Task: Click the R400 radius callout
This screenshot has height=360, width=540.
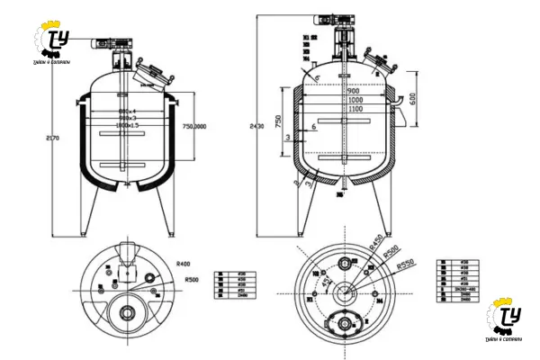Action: point(184,264)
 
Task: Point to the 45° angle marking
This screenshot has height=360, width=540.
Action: point(323,281)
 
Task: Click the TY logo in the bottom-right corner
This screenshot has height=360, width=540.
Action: point(506,319)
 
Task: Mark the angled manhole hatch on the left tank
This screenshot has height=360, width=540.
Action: point(152,69)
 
